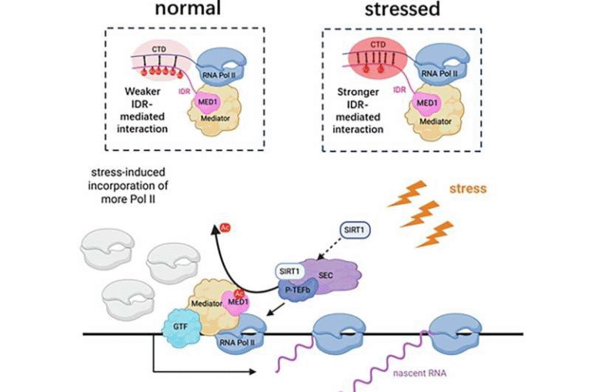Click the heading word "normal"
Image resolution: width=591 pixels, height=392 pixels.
tap(188, 11)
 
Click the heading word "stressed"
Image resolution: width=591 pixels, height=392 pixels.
tap(402, 11)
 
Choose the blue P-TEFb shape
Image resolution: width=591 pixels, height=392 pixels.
tap(295, 289)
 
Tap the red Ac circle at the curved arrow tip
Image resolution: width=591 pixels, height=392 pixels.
tap(225, 229)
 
